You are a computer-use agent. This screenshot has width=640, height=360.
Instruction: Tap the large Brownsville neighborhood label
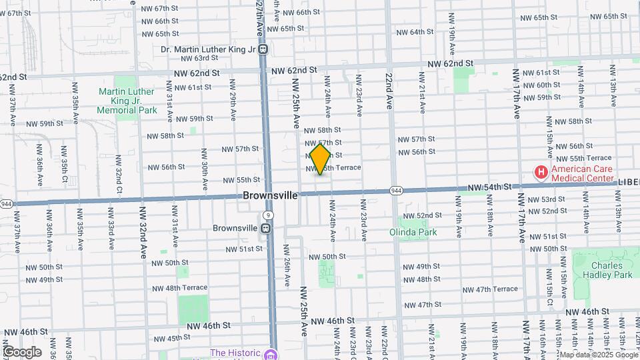pos(269,195)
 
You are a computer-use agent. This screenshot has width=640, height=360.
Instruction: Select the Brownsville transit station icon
pos(265,228)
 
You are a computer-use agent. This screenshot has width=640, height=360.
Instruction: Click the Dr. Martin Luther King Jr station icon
pos(264,49)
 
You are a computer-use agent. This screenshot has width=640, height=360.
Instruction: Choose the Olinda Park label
pos(413,233)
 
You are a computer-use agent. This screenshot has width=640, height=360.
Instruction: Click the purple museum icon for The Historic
pos(269,354)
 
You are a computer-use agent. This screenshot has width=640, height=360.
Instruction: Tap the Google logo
pos(21,352)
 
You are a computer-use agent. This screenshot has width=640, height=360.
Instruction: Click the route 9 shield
pos(267,215)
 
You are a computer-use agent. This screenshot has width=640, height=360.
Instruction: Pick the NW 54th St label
pos(489,189)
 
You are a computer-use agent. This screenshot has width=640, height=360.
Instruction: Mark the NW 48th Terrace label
pos(180,288)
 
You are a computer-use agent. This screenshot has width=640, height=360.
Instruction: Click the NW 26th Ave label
pos(287,265)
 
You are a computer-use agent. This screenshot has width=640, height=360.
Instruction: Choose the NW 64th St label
pos(415,32)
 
